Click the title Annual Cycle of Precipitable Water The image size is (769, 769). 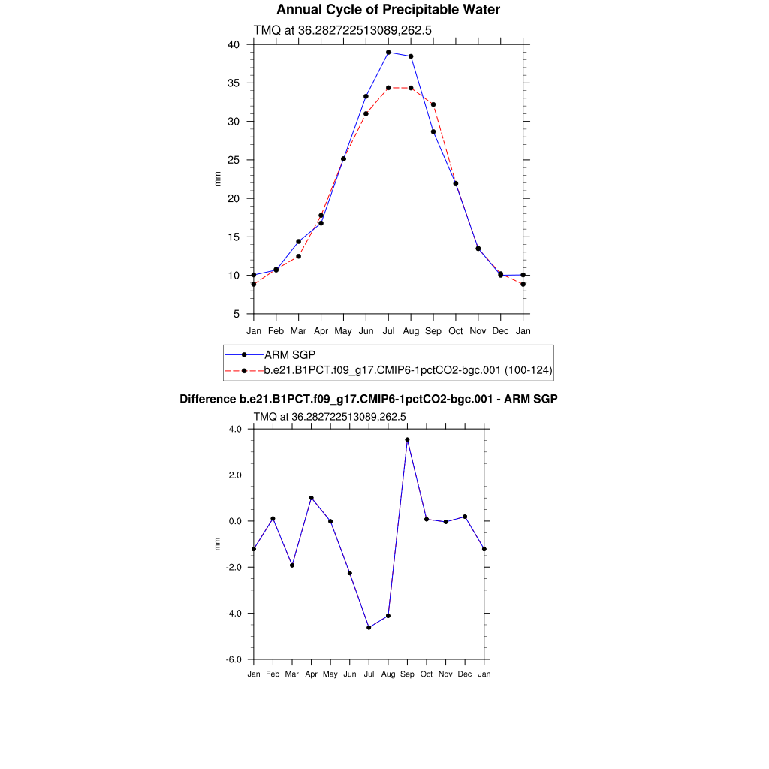tap(388, 10)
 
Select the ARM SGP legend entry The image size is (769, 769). tap(290, 354)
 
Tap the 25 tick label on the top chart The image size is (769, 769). tap(234, 160)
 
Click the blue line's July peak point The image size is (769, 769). tap(388, 53)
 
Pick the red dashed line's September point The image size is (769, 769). tap(433, 104)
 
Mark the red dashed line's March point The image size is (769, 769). tap(298, 256)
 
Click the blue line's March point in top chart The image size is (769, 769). tap(298, 242)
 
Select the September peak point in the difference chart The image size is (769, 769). tap(408, 440)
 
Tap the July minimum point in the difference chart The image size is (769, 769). tap(369, 627)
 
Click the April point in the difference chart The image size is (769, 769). tap(311, 498)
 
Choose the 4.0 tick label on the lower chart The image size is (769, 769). tap(234, 429)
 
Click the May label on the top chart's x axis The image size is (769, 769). tap(343, 331)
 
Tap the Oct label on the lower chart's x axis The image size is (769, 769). tap(427, 674)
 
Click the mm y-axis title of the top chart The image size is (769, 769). tap(218, 179)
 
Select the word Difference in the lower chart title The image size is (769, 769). tap(208, 399)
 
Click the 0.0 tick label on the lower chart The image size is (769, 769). tap(234, 521)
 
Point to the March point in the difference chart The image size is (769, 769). tap(292, 565)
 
